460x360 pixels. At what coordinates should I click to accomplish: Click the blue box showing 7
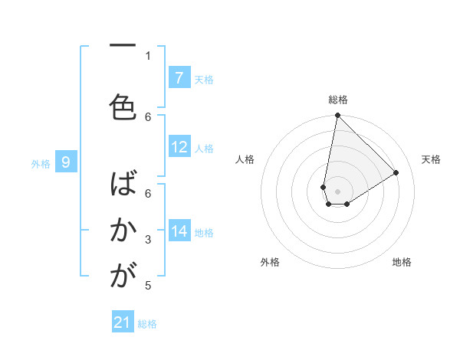coord(179,78)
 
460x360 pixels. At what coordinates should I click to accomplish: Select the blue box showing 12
coord(179,148)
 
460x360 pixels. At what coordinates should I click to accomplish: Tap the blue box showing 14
coord(179,231)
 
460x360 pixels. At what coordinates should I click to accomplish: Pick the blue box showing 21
coord(123,323)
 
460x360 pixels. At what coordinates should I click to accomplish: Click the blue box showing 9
coord(67,162)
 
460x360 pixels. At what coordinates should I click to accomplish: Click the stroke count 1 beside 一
coord(148,55)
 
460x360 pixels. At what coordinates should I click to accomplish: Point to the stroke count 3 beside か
coord(148,240)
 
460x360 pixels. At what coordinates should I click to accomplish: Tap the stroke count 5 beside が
coord(148,286)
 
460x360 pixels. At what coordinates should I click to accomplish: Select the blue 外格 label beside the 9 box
coord(40,163)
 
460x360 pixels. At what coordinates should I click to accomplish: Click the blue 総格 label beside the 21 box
coord(148,324)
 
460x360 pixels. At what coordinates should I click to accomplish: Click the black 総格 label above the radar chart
coord(338,100)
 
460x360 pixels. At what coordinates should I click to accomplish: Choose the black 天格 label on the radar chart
coord(431,159)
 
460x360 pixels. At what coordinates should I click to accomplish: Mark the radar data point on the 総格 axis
coord(337,116)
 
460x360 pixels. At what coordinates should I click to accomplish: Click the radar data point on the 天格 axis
coord(396,172)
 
